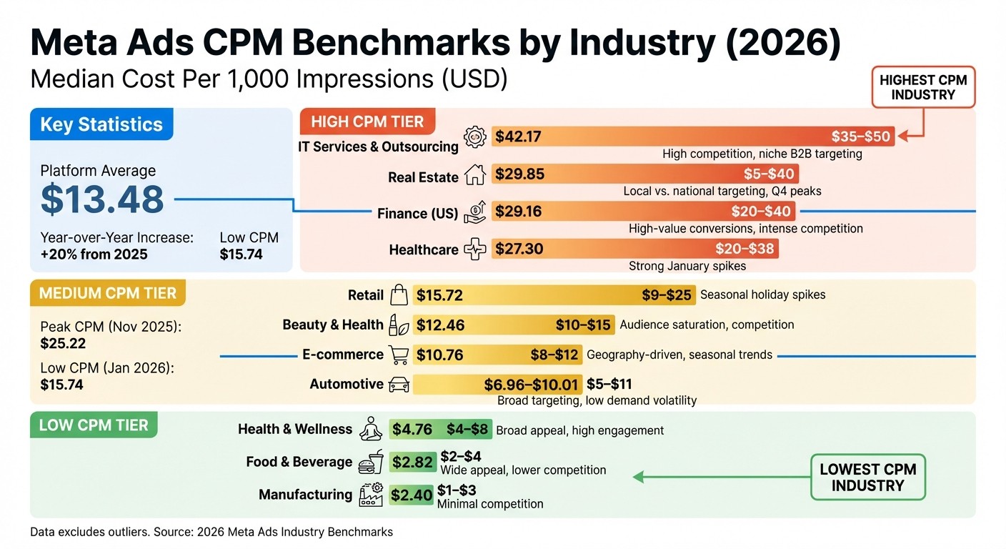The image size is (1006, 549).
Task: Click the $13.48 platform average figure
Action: point(102,199)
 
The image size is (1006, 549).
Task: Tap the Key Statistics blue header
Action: point(101,124)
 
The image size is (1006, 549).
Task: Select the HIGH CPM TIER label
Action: point(367,122)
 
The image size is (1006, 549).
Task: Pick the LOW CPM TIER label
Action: point(94,425)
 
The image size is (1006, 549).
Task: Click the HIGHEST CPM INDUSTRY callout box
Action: point(922,87)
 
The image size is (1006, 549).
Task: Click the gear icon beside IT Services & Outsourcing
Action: point(474,137)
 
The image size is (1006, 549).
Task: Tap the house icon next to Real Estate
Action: point(475,175)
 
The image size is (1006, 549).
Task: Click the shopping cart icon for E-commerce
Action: point(397,354)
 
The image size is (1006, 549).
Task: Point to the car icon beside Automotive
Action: point(399,385)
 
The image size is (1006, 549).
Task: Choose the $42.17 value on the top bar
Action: point(518,136)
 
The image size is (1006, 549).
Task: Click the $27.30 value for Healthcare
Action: point(519,249)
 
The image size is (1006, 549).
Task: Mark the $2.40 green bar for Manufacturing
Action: point(412,494)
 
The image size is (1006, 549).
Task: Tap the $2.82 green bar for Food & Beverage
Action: point(412,462)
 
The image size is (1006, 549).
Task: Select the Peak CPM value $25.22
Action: point(63,343)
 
